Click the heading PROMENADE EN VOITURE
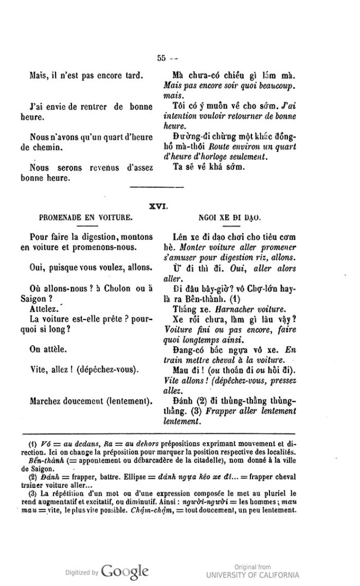[x=85, y=216]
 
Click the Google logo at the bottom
[x=125, y=571]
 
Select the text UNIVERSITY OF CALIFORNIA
[x=253, y=575]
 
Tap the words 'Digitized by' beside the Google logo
[x=82, y=573]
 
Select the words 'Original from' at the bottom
[x=253, y=567]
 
